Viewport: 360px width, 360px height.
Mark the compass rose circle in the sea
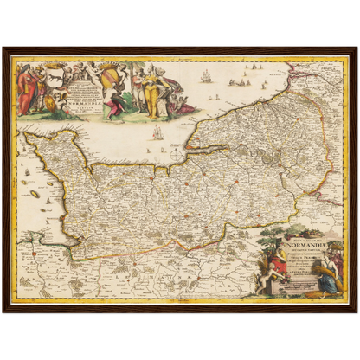click(178, 156)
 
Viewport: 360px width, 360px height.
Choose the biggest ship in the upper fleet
click(206, 76)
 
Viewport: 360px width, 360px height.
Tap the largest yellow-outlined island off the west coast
click(35, 194)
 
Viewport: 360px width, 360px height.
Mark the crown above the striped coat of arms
click(111, 66)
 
